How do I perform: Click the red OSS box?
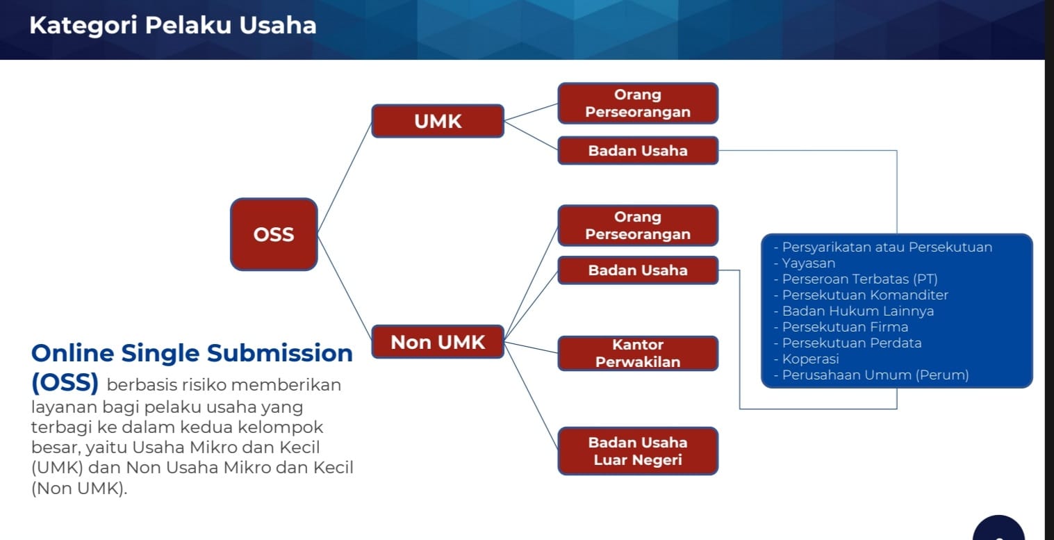pos(274,234)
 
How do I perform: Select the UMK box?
pos(438,121)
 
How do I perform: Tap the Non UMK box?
pos(438,341)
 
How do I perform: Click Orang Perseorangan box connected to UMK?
pos(637,104)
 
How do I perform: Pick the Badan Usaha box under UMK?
pos(637,150)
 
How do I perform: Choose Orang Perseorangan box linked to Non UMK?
pos(637,226)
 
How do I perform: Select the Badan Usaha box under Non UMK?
pos(637,270)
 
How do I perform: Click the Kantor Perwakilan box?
pos(637,353)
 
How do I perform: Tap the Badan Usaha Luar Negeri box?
pos(637,451)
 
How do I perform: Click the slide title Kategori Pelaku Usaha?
pos(172,26)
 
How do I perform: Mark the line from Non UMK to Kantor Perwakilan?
pos(532,347)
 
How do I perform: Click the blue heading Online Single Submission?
pos(192,353)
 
